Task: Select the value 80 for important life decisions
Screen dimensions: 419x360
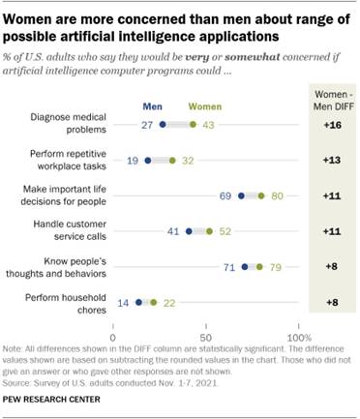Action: click(x=279, y=196)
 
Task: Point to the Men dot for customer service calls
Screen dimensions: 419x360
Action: click(x=189, y=231)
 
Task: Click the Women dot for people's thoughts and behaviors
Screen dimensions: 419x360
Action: click(x=258, y=266)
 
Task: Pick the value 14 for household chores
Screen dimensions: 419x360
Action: click(x=123, y=302)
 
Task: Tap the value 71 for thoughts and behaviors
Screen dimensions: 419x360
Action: click(x=229, y=266)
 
